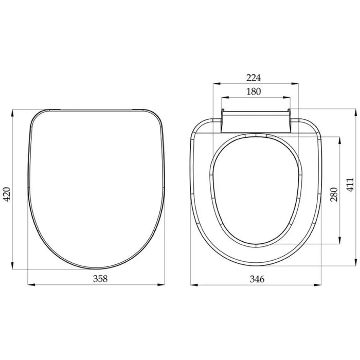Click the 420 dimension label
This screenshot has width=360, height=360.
[x=7, y=194]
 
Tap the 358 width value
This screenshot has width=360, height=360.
[x=100, y=279]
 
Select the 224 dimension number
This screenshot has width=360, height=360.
[x=254, y=78]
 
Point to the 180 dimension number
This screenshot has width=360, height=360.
[x=254, y=92]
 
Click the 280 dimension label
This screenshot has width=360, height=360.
[x=334, y=194]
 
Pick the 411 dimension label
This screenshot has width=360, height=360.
[x=350, y=184]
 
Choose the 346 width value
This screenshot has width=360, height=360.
[x=257, y=279]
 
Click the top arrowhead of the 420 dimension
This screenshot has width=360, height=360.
[x=12, y=113]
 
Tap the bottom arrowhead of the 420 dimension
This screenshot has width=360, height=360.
[x=12, y=266]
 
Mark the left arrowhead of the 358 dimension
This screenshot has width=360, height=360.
[x=31, y=285]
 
